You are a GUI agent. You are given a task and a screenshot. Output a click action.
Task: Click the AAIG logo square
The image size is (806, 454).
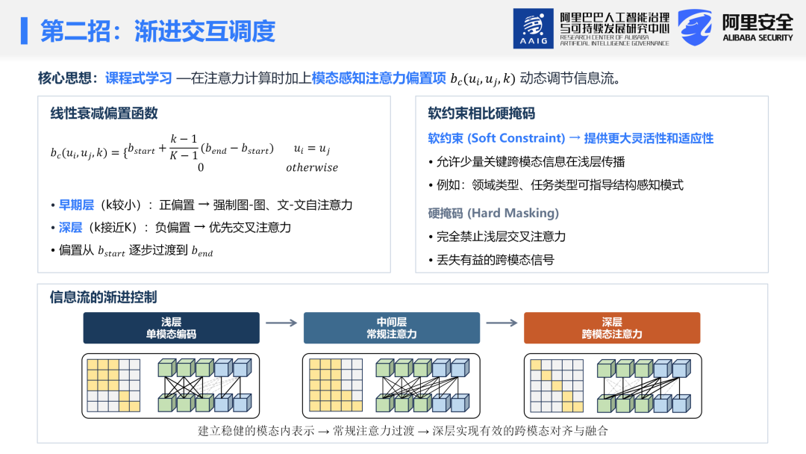pyautogui.click(x=533, y=28)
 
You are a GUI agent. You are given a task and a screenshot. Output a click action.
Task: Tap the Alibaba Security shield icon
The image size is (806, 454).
pyautogui.click(x=695, y=27)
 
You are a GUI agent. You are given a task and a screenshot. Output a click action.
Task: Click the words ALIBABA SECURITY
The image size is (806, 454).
pyautogui.click(x=757, y=37)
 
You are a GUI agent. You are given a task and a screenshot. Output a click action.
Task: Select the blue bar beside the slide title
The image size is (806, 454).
pyautogui.click(x=24, y=31)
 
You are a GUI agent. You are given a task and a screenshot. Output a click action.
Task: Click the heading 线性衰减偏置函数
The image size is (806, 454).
pyautogui.click(x=104, y=113)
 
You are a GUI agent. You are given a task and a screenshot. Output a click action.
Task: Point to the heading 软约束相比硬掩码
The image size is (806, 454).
pyautogui.click(x=481, y=113)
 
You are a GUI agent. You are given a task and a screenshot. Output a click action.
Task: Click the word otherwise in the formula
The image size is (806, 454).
pyautogui.click(x=312, y=167)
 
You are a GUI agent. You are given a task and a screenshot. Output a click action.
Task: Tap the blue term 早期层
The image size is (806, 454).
pyautogui.click(x=76, y=205)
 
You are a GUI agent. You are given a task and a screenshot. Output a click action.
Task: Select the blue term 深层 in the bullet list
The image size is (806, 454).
pyautogui.click(x=70, y=228)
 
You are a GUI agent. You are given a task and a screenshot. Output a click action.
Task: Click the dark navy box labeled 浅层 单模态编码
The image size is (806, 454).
pyautogui.click(x=171, y=328)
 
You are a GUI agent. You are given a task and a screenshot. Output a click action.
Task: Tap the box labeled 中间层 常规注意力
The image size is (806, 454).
pyautogui.click(x=392, y=328)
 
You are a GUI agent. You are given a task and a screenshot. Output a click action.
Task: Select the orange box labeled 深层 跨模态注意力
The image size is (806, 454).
pyautogui.click(x=612, y=328)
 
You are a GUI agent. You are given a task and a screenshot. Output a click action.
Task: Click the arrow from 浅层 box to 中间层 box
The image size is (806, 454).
pyautogui.click(x=281, y=323)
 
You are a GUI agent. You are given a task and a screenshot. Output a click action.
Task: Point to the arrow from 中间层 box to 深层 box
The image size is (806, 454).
pyautogui.click(x=502, y=323)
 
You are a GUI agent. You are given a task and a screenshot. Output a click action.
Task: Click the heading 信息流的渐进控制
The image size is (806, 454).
pyautogui.click(x=103, y=297)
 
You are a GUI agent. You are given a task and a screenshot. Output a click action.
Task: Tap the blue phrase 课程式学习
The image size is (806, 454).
pyautogui.click(x=139, y=78)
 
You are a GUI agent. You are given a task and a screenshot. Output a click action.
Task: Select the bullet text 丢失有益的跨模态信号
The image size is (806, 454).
pyautogui.click(x=496, y=260)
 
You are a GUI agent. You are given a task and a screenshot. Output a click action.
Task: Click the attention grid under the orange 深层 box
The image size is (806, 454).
pyautogui.click(x=557, y=385)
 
